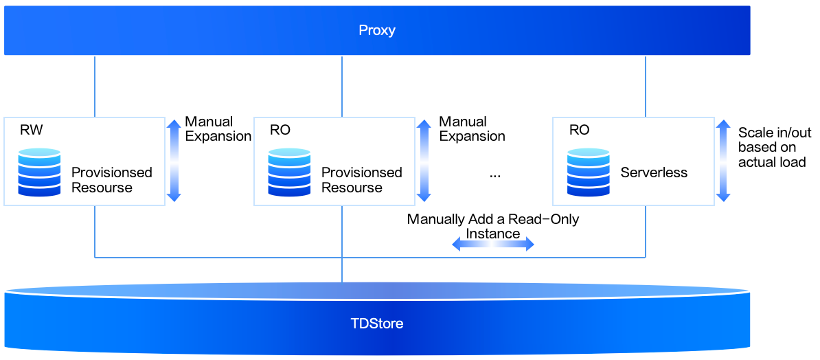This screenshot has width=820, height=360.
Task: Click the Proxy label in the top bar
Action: [377, 31]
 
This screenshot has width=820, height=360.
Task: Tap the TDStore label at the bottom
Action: [377, 323]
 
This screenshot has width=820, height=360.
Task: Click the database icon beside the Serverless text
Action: [589, 172]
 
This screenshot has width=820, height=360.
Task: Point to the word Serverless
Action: [654, 173]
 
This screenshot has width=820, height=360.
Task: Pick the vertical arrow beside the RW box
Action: [174, 160]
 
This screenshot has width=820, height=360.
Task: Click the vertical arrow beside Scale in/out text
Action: [723, 160]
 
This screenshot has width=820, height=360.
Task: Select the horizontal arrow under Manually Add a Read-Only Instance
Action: [493, 244]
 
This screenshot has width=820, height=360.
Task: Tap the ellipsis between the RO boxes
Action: [495, 175]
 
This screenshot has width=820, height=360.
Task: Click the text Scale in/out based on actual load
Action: [772, 147]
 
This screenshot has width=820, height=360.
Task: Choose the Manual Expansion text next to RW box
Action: [218, 129]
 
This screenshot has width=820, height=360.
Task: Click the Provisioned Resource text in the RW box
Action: [111, 180]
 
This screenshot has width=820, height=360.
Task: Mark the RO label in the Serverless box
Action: [579, 131]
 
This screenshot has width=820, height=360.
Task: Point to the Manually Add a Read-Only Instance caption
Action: [493, 226]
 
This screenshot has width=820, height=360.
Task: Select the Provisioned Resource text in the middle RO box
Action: [361, 180]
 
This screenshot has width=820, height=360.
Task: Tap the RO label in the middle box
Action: [280, 131]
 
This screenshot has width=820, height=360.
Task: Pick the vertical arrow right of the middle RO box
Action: [424, 160]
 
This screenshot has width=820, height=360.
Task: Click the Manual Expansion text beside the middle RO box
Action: [472, 129]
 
